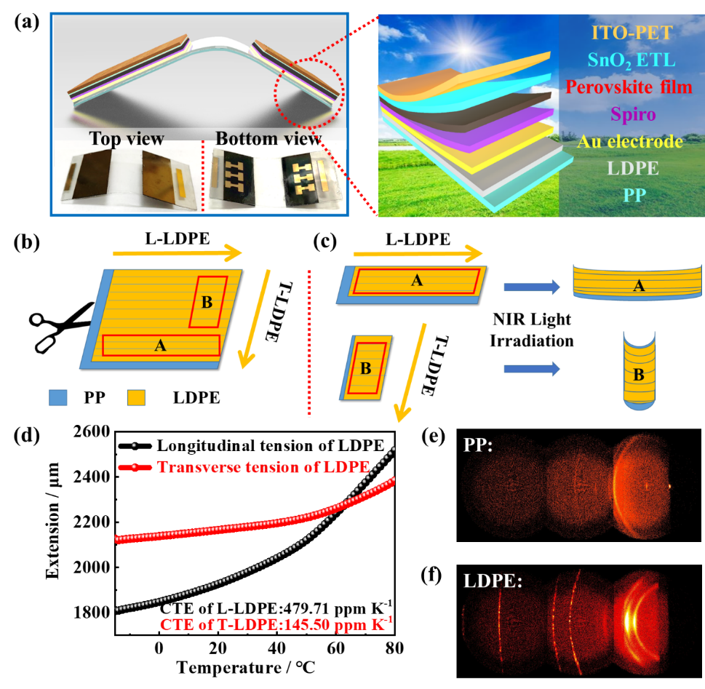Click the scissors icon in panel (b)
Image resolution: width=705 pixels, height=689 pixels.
pos(61,327)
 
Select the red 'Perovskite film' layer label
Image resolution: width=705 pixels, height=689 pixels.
pos(629,87)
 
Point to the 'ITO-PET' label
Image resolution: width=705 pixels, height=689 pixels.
pos(632,33)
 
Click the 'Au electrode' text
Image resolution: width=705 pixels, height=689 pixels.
pos(630,141)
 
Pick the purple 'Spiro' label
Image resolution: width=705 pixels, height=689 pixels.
pos(633,114)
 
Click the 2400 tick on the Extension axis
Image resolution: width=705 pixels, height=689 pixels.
pos(92,477)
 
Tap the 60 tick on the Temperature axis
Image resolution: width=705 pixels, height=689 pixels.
pos(335,648)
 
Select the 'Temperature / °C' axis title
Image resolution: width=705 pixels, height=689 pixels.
pos(245,667)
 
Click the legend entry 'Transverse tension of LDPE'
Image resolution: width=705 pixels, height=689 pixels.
pos(263,467)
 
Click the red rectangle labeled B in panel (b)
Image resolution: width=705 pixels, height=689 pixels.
pos(208,301)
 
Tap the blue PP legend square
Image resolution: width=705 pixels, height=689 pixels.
pos(58,397)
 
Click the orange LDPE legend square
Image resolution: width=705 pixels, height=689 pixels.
pos(136,397)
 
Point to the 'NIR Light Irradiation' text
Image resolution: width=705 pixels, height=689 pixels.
pos(531,330)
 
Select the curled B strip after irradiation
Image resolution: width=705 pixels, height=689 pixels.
pos(639,370)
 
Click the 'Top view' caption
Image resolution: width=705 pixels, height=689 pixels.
pos(127,138)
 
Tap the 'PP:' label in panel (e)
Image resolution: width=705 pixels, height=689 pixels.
pos(478,445)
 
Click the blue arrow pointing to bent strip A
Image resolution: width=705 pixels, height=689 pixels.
pos(532,287)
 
